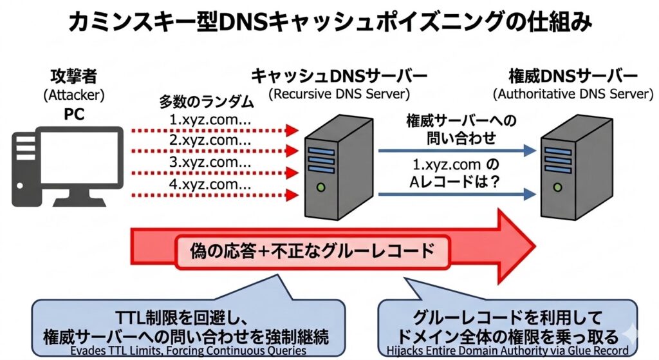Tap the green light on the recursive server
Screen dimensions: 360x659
321,187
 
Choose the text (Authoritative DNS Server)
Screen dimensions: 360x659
573,93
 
